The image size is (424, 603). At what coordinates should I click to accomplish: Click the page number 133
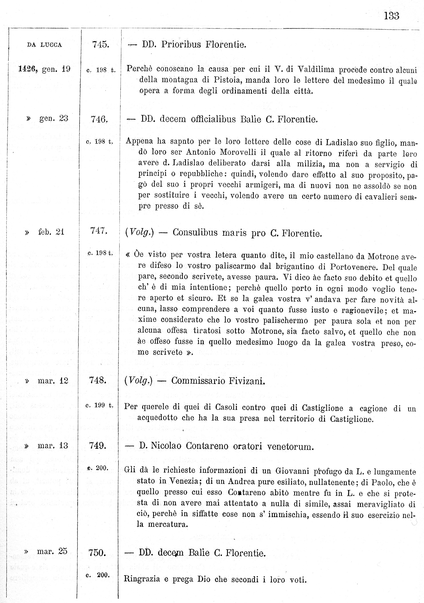(391, 16)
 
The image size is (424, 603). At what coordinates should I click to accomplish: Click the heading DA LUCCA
(45, 45)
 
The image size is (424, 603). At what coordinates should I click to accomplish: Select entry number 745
(101, 44)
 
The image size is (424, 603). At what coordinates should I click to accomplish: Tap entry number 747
(99, 231)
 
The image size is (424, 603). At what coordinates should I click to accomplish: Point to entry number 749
(98, 446)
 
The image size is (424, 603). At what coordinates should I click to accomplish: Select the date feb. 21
(51, 232)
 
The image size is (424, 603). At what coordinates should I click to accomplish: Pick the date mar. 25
(52, 551)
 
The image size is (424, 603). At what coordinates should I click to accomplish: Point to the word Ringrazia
(142, 579)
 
